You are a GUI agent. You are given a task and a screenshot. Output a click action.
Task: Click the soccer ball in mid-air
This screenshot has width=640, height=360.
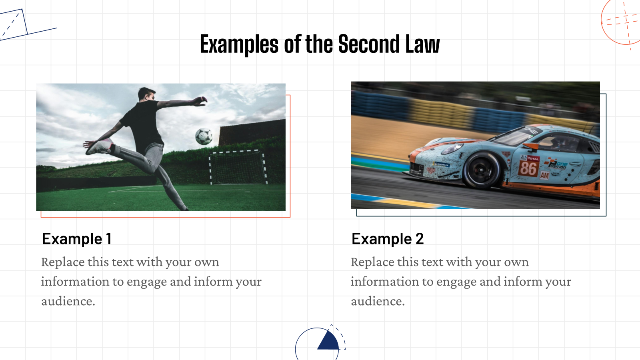click(204, 136)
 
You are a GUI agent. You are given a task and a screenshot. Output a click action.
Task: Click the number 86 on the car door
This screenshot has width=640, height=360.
click(528, 168)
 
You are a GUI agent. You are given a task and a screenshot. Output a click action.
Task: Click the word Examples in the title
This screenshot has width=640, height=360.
click(239, 45)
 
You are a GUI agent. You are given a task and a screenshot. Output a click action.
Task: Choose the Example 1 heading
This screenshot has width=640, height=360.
click(77, 239)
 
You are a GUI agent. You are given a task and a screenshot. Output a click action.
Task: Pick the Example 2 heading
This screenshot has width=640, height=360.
click(387, 239)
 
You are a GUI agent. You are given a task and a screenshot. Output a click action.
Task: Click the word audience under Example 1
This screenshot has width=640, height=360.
click(68, 301)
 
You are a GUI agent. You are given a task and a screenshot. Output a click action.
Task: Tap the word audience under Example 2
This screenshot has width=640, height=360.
click(378, 301)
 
